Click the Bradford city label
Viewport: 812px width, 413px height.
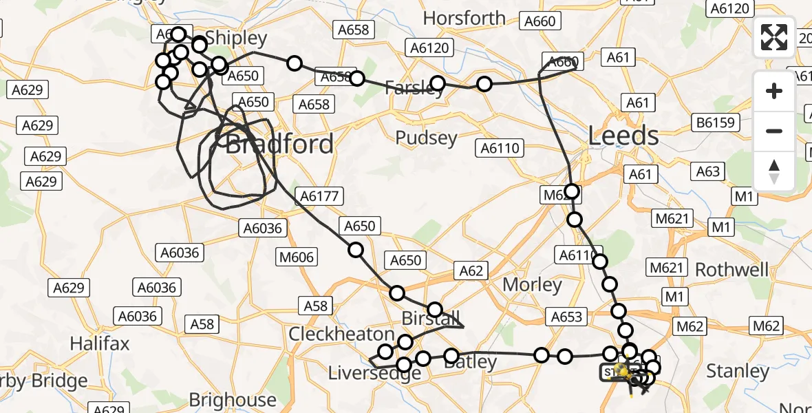[x=279, y=145]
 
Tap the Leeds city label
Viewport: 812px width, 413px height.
[x=623, y=136]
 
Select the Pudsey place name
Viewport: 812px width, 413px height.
[x=427, y=138]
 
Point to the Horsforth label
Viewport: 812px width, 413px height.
[x=464, y=18]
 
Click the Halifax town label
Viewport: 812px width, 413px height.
[x=100, y=343]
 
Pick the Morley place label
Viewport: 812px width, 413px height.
[x=532, y=284]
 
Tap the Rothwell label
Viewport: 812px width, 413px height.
[x=731, y=269]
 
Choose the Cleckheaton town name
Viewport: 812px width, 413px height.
[x=341, y=334]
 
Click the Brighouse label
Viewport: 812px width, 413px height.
[x=233, y=399]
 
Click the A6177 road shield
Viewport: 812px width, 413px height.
[x=319, y=196]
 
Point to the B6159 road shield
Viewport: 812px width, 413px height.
[x=716, y=123]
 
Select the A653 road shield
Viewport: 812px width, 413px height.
[x=567, y=317]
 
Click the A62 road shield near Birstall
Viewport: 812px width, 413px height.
[x=471, y=271]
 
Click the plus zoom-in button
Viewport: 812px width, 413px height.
[x=774, y=91]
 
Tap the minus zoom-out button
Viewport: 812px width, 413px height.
[x=774, y=131]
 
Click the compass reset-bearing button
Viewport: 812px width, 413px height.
[x=774, y=171]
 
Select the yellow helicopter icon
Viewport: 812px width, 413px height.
[x=622, y=372]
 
